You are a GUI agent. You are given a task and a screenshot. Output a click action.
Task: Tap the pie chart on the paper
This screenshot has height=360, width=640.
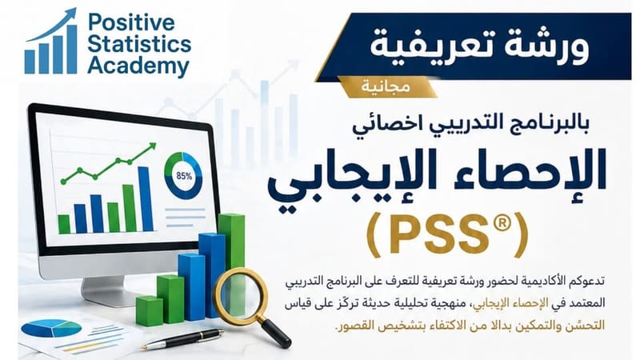point(50,329)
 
